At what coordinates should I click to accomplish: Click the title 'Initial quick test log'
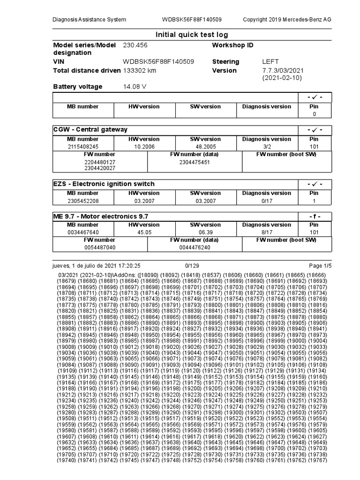192,35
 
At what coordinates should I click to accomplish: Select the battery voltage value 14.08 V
135,87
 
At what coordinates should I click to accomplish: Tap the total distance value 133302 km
140,70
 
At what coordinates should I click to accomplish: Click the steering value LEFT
270,61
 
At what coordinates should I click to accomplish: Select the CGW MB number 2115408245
83,146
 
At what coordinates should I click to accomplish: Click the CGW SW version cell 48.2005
205,146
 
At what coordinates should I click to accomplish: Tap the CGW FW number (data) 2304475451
195,162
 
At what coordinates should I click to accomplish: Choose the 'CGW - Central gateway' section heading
90,129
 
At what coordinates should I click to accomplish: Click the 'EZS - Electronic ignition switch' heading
104,184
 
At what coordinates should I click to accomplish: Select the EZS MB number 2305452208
83,201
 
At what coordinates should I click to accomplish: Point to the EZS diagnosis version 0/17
266,201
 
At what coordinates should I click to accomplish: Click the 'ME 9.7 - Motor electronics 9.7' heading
101,216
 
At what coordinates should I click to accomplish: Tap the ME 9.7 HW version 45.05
144,232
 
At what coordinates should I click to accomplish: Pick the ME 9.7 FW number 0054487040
99,247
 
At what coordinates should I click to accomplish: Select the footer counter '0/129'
192,265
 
